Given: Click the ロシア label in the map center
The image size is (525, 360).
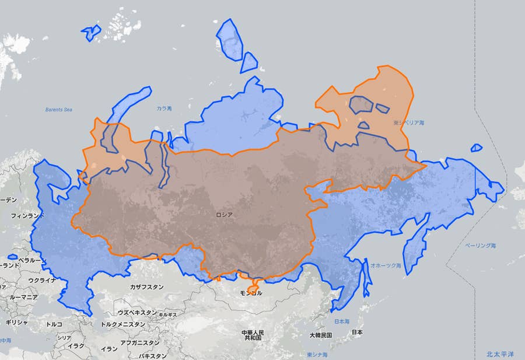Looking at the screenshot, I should (x=225, y=215).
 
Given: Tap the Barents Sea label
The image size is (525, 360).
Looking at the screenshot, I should (x=58, y=109).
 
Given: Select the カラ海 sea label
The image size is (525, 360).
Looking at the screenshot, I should (x=164, y=109).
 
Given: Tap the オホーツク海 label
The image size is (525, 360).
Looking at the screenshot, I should (x=386, y=265).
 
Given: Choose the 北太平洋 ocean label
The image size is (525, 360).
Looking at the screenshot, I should (x=501, y=354).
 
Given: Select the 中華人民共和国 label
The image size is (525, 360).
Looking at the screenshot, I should (x=253, y=335).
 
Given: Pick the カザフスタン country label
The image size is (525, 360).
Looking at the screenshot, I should (x=146, y=287).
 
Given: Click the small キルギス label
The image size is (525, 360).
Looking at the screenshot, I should (x=167, y=314).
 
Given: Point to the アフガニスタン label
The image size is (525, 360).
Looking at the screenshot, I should (x=139, y=342).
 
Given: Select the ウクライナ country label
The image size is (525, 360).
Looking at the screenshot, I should (x=43, y=280).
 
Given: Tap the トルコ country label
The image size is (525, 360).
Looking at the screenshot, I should (x=54, y=324).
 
